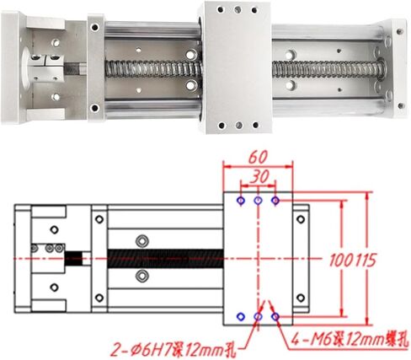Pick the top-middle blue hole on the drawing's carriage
tap(257, 201)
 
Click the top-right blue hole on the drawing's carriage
tap(273, 201)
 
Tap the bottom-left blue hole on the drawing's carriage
tap(242, 316)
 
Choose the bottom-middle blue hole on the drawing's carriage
tap(257, 316)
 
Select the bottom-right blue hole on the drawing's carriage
tap(273, 316)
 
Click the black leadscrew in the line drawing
tap(160, 256)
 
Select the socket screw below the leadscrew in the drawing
tap(140, 276)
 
